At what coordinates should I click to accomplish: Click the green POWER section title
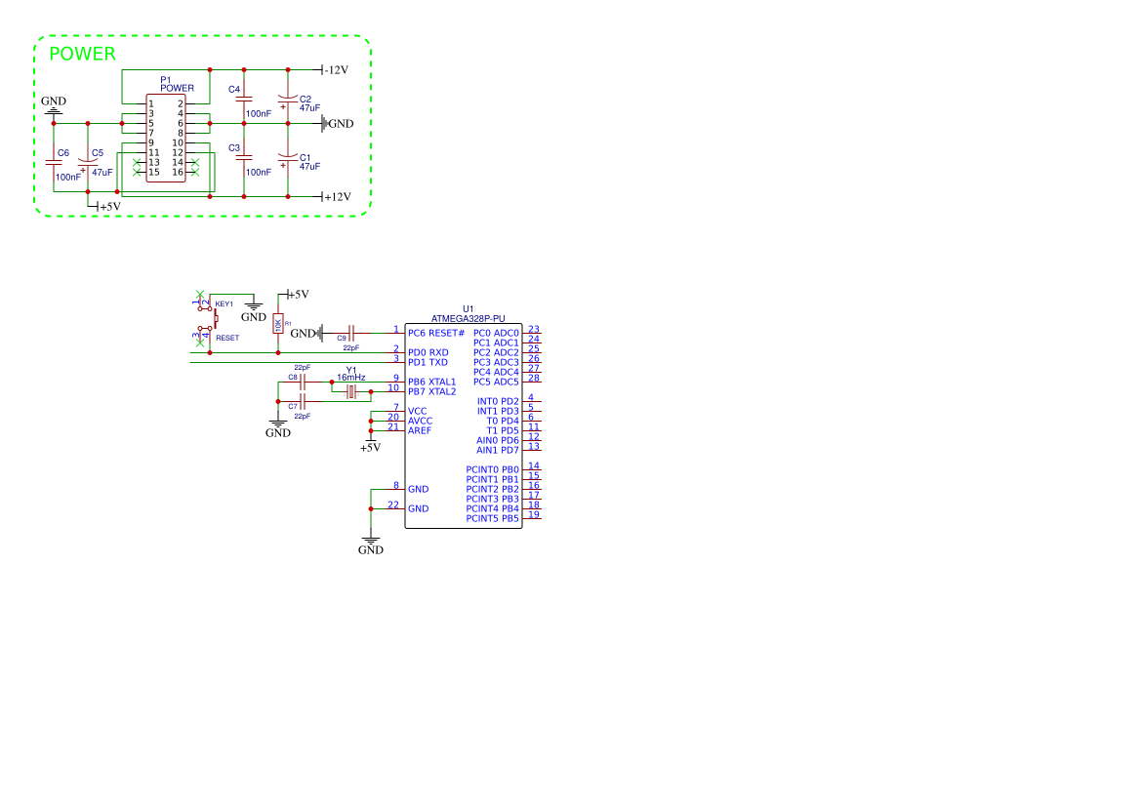click(x=82, y=55)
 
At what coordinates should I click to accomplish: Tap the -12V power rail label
click(x=337, y=70)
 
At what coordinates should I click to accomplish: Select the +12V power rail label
click(x=338, y=196)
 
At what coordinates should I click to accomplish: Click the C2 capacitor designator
click(x=306, y=100)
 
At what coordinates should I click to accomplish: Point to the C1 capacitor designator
click(x=306, y=157)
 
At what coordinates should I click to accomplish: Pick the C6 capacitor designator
click(x=63, y=153)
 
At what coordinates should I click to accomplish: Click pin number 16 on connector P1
click(x=178, y=173)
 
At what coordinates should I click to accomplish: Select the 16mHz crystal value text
click(x=351, y=377)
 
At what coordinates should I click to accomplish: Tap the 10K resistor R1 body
click(x=277, y=324)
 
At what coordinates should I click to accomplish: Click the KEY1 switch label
click(x=224, y=304)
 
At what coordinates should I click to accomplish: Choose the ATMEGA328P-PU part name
click(x=469, y=318)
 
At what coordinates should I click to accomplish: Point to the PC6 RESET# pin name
click(x=436, y=333)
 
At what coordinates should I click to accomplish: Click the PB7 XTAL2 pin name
click(x=431, y=391)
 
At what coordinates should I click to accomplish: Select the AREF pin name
click(x=420, y=430)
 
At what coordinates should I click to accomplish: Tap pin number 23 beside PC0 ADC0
click(x=534, y=330)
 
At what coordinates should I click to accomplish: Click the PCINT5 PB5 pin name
click(x=492, y=518)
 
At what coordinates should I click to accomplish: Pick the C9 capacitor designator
click(x=342, y=338)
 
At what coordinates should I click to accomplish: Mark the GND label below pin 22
click(x=371, y=550)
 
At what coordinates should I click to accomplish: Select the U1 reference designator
click(x=469, y=308)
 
